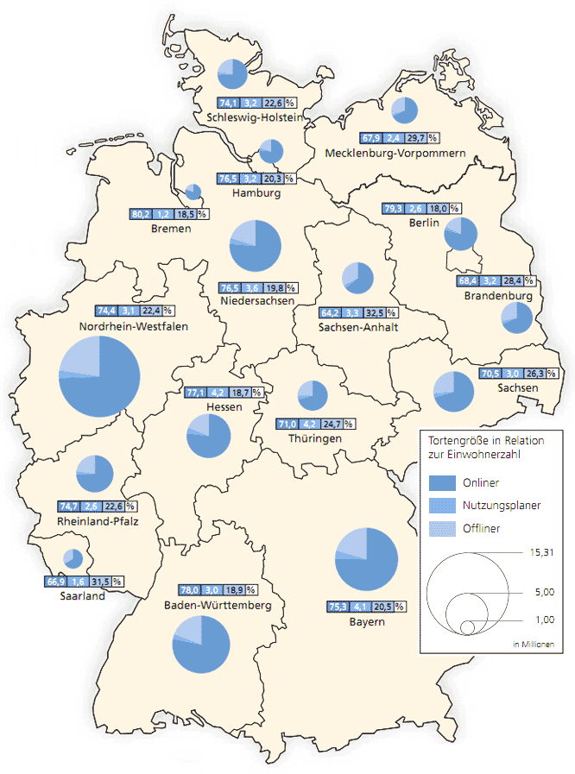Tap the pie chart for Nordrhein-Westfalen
(x=99, y=376)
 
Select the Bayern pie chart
(x=366, y=558)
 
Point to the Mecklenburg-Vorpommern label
(x=396, y=153)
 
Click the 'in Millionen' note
(x=534, y=645)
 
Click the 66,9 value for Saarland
(x=55, y=582)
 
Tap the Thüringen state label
(x=315, y=438)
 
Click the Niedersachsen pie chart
(x=256, y=245)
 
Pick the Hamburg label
(x=256, y=193)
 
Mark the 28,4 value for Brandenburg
(x=512, y=281)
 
